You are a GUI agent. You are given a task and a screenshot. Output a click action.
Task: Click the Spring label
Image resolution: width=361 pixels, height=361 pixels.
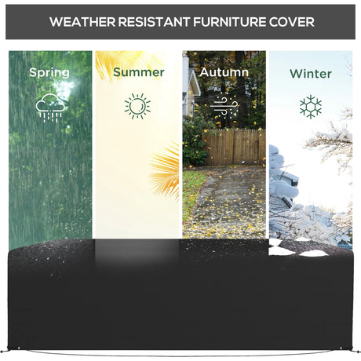[49, 72]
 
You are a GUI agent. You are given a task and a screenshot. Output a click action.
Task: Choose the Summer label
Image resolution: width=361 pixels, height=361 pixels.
[138, 72]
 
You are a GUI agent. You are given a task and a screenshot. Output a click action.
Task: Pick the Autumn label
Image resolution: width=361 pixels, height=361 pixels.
[224, 72]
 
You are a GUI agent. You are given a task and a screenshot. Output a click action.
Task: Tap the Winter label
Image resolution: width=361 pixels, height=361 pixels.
[310, 74]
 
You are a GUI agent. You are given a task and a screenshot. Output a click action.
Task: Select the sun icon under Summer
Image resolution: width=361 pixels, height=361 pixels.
[137, 105]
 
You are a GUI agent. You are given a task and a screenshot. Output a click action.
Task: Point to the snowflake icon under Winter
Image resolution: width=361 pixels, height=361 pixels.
[310, 106]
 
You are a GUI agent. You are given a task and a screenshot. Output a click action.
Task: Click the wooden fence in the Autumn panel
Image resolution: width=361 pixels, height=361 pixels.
[234, 147]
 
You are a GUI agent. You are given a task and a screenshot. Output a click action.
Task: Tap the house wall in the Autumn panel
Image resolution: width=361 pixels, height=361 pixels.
[188, 86]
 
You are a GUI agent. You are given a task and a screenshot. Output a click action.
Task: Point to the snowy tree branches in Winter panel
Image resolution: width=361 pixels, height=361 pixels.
[330, 141]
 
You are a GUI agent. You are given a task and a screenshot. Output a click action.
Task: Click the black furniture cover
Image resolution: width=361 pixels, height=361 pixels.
[180, 302]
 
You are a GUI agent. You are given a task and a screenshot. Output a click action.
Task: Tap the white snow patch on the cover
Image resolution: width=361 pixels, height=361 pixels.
[312, 253]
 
